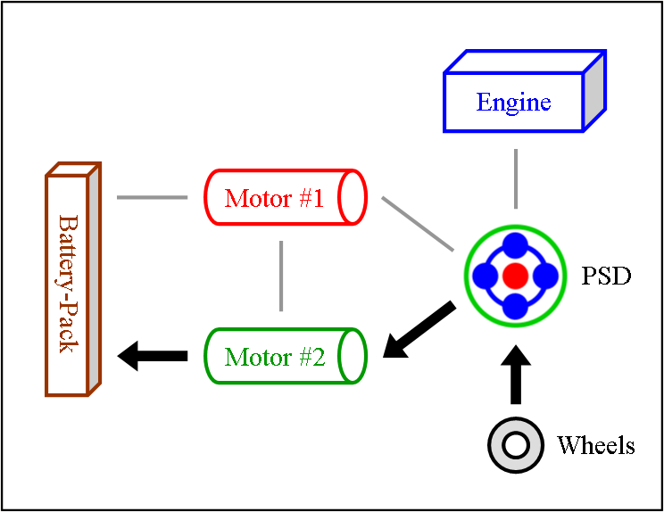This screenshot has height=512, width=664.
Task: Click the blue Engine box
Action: [514, 103]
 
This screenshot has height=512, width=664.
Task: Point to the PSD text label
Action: [606, 276]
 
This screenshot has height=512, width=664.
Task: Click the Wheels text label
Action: [595, 444]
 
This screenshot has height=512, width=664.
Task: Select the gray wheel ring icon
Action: [515, 444]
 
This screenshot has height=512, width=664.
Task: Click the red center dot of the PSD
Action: [515, 276]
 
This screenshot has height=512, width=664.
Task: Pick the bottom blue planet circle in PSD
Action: [515, 305]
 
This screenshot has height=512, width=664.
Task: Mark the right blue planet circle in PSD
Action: [544, 276]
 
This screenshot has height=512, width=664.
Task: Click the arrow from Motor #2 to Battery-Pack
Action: [153, 357]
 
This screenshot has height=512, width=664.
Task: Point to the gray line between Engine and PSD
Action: [516, 178]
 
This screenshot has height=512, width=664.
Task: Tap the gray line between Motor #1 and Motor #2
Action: [281, 276]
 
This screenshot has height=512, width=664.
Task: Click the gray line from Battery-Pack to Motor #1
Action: [151, 197]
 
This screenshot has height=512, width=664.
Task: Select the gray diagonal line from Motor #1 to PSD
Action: [418, 224]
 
